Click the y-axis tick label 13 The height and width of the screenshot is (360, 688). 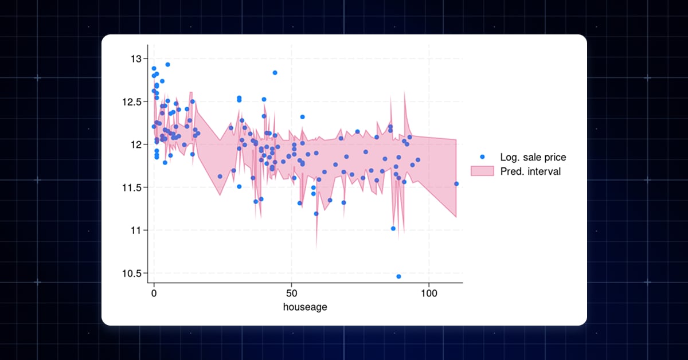pyautogui.click(x=136, y=58)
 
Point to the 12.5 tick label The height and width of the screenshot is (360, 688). pyautogui.click(x=132, y=101)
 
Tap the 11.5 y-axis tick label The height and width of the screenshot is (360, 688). pyautogui.click(x=132, y=187)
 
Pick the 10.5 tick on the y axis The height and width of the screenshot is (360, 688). pyautogui.click(x=132, y=273)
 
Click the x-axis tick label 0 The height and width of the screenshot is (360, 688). pyautogui.click(x=154, y=293)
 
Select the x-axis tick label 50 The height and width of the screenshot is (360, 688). pyautogui.click(x=291, y=293)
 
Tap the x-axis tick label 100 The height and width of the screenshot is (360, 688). pyautogui.click(x=429, y=293)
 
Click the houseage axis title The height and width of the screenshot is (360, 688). pyautogui.click(x=305, y=307)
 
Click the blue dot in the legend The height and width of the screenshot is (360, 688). pyautogui.click(x=482, y=157)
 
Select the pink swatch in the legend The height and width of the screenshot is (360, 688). pyautogui.click(x=482, y=171)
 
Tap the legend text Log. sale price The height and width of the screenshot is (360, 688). pyautogui.click(x=533, y=157)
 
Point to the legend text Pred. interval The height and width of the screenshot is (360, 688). pyautogui.click(x=530, y=171)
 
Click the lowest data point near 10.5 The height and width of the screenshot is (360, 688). pyautogui.click(x=398, y=276)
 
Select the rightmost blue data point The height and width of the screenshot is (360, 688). pyautogui.click(x=456, y=184)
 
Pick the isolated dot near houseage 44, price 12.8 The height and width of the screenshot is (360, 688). pyautogui.click(x=275, y=73)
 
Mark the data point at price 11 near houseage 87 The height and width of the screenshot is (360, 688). pyautogui.click(x=393, y=229)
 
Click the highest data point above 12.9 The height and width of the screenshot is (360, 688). pyautogui.click(x=167, y=65)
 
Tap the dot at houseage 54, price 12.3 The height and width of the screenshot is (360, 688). pyautogui.click(x=302, y=117)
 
